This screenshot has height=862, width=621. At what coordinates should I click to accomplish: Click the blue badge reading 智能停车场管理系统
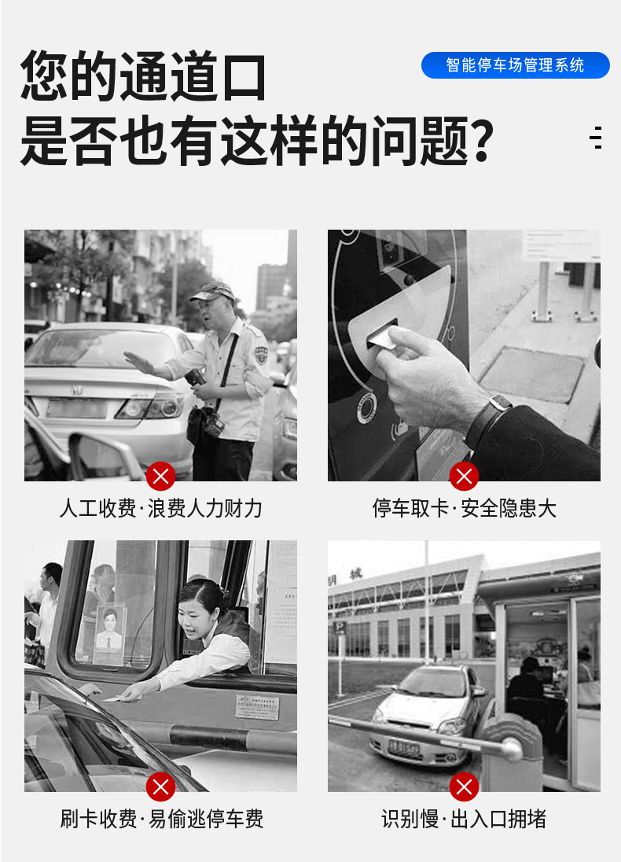[516, 65]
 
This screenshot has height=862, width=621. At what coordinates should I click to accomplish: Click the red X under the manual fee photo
[160, 476]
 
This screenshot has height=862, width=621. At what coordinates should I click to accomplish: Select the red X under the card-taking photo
[464, 476]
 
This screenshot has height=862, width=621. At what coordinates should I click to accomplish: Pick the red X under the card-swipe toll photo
[160, 787]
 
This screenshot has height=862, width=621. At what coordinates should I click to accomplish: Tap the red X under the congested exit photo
[464, 787]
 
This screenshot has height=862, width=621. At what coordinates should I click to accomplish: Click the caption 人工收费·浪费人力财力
[160, 509]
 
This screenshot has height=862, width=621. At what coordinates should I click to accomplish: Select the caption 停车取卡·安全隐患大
[465, 509]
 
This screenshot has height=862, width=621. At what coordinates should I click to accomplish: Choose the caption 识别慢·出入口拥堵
[465, 819]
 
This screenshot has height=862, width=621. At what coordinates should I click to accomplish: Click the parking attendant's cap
[213, 291]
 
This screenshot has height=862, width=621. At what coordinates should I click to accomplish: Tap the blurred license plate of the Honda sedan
[77, 409]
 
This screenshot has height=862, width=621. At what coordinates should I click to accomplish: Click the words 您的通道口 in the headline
[143, 76]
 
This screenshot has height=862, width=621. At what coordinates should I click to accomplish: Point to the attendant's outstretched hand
[138, 363]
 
